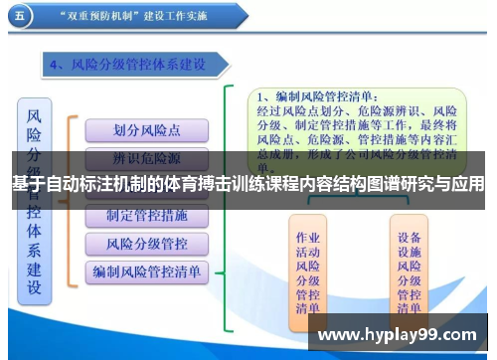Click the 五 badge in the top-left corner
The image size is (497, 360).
coord(21,16)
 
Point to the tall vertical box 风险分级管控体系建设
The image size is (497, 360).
coord(35,200)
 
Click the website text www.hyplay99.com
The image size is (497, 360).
coord(397,335)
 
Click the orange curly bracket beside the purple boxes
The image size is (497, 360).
coord(71,199)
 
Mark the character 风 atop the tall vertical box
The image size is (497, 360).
coord(35,116)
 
